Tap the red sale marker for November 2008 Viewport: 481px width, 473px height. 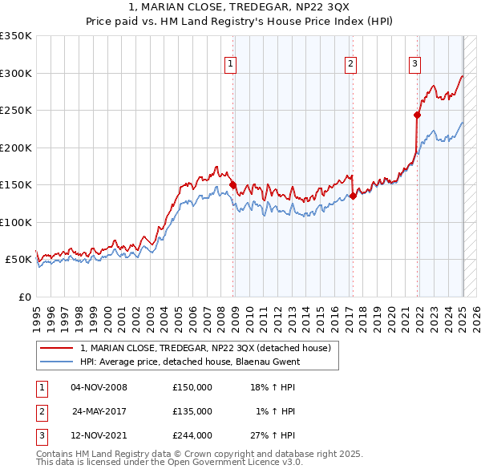233,185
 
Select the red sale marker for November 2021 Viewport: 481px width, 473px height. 418,115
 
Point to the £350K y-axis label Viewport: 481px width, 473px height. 16,36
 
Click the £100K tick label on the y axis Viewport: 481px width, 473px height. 16,222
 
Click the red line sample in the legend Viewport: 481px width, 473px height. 57,348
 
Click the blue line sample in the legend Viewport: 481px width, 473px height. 57,362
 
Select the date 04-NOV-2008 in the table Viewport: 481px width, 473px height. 99,387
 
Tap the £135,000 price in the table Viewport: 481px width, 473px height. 192,410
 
